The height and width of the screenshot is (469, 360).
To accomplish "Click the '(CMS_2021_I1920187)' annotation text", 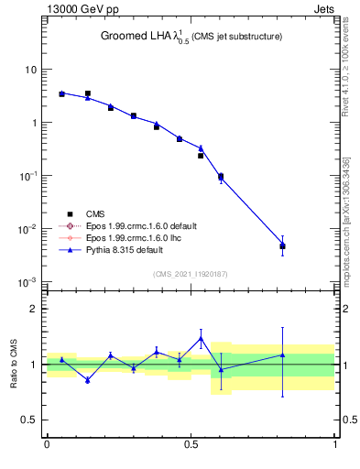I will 191,274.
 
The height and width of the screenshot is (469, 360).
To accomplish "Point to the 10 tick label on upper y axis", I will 30,70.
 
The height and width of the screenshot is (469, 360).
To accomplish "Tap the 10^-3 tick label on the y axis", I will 27,281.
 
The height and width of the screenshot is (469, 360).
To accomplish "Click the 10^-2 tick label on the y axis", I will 27,228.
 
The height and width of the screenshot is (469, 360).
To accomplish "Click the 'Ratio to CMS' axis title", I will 14,365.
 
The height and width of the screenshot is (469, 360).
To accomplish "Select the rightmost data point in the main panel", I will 283,245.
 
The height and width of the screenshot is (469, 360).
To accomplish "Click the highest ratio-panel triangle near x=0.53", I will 201,338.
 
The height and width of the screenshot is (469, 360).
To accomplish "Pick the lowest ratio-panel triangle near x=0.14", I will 88,379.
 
